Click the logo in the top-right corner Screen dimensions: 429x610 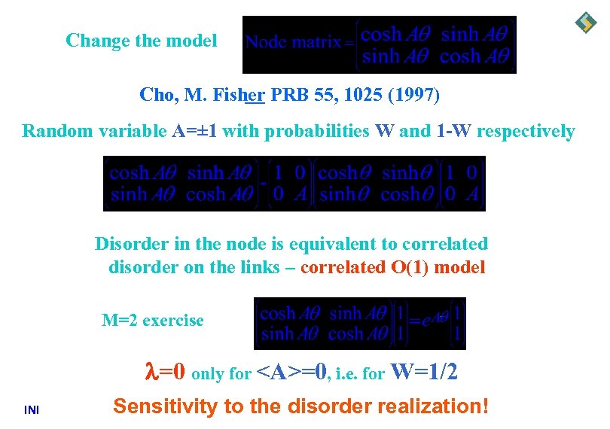point(585,23)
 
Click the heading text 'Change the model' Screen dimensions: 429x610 point(142,40)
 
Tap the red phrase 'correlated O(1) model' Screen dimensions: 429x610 point(392,266)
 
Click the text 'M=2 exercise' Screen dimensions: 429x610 point(153,321)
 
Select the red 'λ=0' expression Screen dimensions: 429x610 point(165,372)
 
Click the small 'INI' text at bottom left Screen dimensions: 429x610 point(32,410)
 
